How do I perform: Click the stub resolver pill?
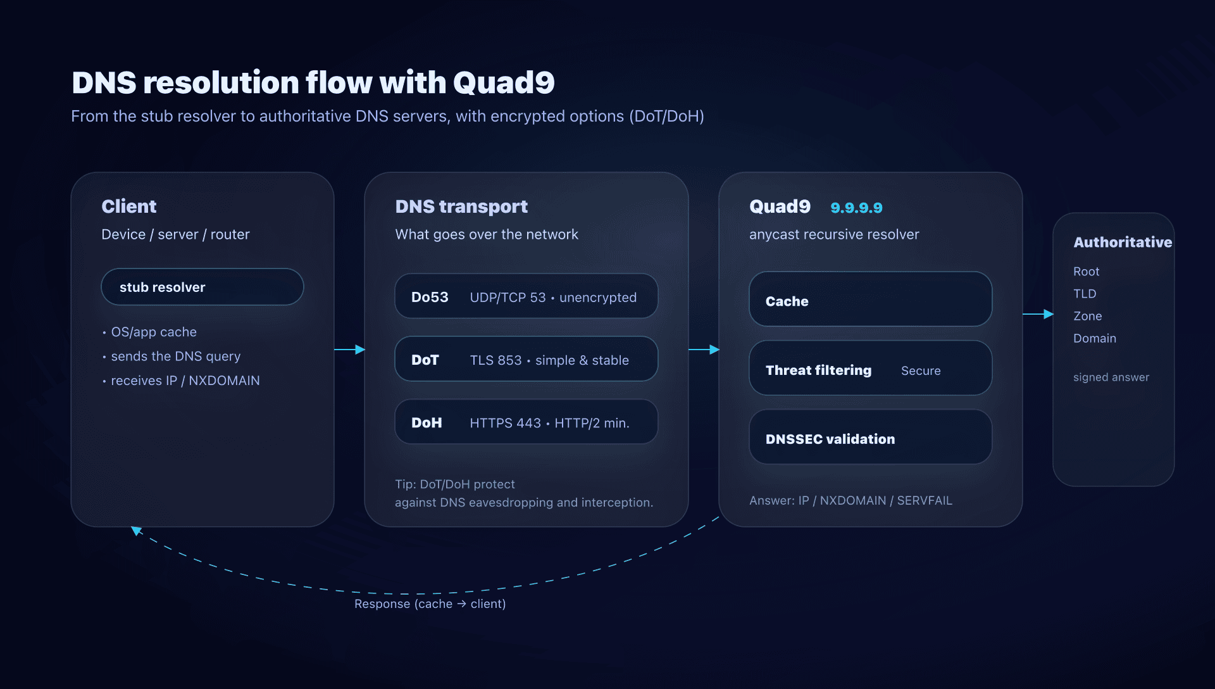click(x=202, y=287)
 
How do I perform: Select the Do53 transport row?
click(x=526, y=296)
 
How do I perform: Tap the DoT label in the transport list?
click(x=425, y=360)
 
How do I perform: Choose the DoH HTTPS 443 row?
click(x=526, y=422)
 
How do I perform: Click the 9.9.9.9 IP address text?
click(x=856, y=208)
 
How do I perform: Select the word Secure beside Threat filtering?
click(x=920, y=370)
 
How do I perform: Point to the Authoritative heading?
click(x=1122, y=242)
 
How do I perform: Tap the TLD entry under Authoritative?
click(x=1085, y=293)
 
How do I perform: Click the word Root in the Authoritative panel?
click(x=1086, y=271)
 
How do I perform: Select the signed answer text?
click(x=1111, y=377)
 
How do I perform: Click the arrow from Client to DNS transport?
click(x=349, y=349)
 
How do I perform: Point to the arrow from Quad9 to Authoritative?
click(x=1038, y=314)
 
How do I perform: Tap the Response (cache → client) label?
click(x=430, y=604)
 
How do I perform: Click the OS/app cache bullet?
click(x=153, y=332)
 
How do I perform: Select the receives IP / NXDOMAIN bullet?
click(x=185, y=381)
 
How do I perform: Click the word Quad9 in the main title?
click(x=503, y=83)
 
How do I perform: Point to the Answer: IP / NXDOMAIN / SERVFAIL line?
click(x=850, y=500)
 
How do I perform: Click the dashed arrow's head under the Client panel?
click(x=135, y=530)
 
